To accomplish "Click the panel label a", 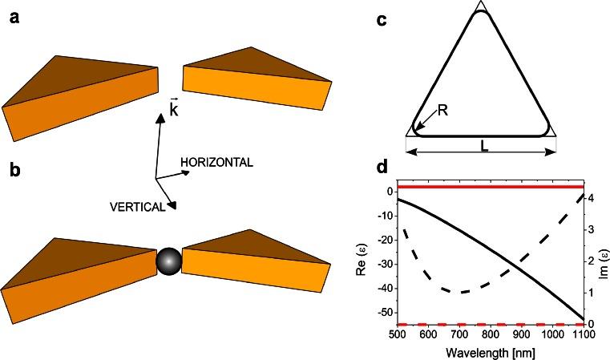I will [13, 18].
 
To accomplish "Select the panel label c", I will [383, 19].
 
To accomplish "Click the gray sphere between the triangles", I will [168, 261].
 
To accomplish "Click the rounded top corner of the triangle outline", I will [480, 14].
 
